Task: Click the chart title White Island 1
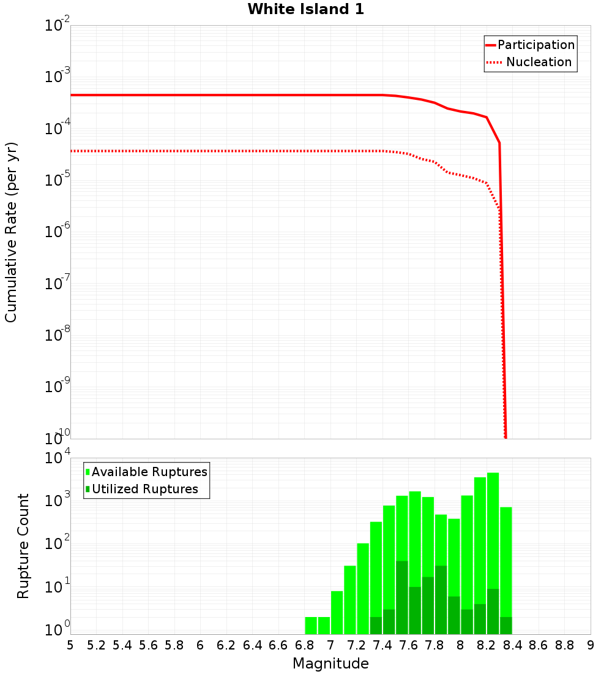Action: click(x=306, y=10)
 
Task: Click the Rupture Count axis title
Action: click(x=23, y=546)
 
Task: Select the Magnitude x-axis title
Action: click(x=330, y=664)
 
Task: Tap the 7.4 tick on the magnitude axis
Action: click(x=382, y=645)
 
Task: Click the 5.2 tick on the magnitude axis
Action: click(x=96, y=645)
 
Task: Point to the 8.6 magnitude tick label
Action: click(x=539, y=645)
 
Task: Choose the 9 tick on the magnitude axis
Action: click(x=590, y=645)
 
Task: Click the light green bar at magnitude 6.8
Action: click(x=311, y=625)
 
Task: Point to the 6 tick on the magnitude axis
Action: click(x=200, y=645)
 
